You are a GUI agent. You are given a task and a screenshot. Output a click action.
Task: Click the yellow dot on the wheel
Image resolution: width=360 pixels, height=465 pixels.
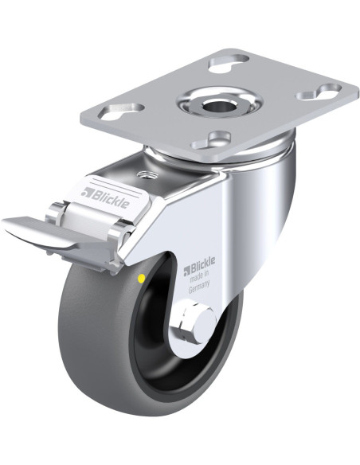coord(142,278)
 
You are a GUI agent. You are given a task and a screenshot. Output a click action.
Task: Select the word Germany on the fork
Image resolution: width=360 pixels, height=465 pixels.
coord(199,287)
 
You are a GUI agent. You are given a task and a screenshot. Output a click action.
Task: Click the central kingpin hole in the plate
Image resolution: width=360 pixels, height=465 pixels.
coord(219,104)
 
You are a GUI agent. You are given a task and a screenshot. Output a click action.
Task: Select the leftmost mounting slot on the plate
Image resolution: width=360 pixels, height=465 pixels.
coord(121,111)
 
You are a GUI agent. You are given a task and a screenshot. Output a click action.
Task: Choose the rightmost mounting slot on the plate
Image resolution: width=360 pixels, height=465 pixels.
coord(319,92)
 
